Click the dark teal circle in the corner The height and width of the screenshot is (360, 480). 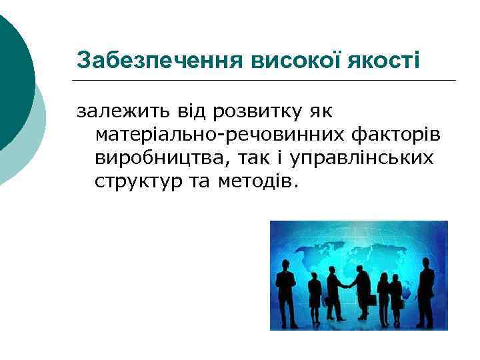(12, 73)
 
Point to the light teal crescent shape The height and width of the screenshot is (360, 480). (33, 147)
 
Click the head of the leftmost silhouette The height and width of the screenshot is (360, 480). (285, 261)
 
